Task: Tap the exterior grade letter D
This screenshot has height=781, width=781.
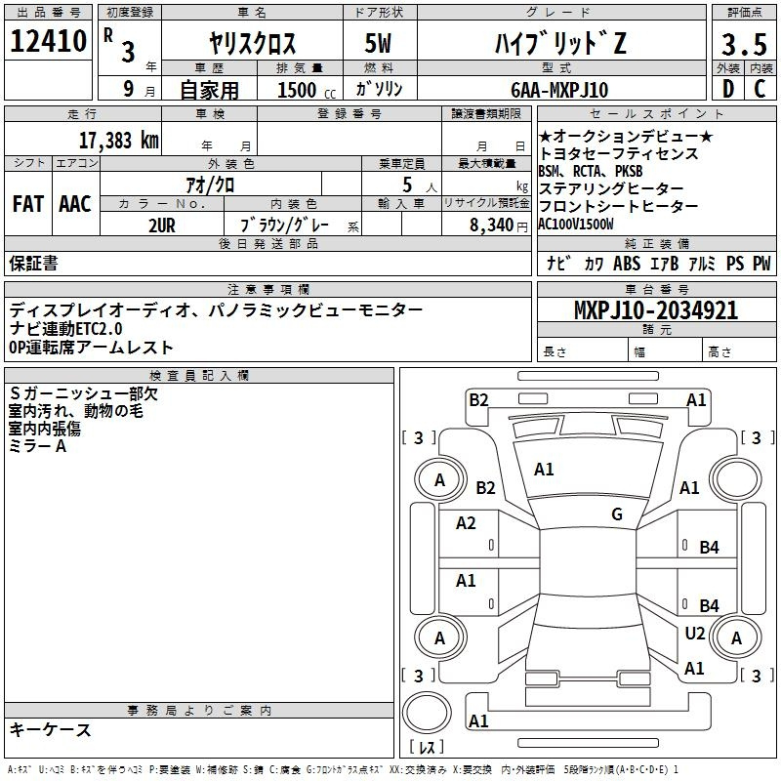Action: click(726, 89)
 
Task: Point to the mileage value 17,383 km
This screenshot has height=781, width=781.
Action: click(118, 140)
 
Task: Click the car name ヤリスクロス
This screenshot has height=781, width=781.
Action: click(253, 44)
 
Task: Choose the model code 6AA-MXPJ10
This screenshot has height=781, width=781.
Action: click(559, 90)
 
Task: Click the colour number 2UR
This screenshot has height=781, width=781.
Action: click(162, 224)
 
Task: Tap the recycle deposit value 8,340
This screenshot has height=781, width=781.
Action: click(491, 225)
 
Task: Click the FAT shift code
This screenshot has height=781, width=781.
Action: click(28, 204)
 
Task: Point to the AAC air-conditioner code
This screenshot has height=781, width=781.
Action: click(75, 204)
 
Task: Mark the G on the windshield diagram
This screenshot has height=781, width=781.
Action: click(617, 514)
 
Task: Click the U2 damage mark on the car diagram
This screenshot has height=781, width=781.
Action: click(694, 633)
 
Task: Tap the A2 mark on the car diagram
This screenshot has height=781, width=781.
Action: click(466, 523)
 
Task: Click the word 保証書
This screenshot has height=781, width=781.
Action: click(33, 263)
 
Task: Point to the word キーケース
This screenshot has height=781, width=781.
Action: click(51, 729)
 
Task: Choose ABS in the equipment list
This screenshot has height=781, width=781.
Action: click(627, 264)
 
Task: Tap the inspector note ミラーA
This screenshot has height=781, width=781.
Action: click(38, 445)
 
